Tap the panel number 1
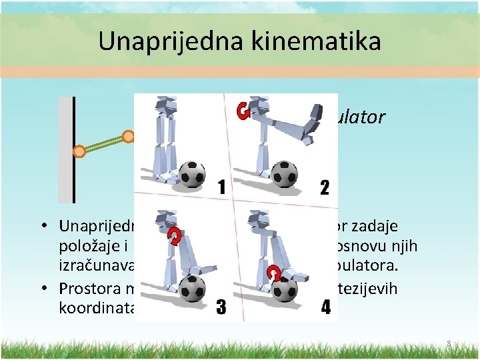pos(221,187)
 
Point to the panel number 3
pos(221,309)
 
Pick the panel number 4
pos(325,309)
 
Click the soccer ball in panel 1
pos(194,174)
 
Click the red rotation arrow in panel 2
pos(244,111)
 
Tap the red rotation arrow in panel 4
pos(273,273)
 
